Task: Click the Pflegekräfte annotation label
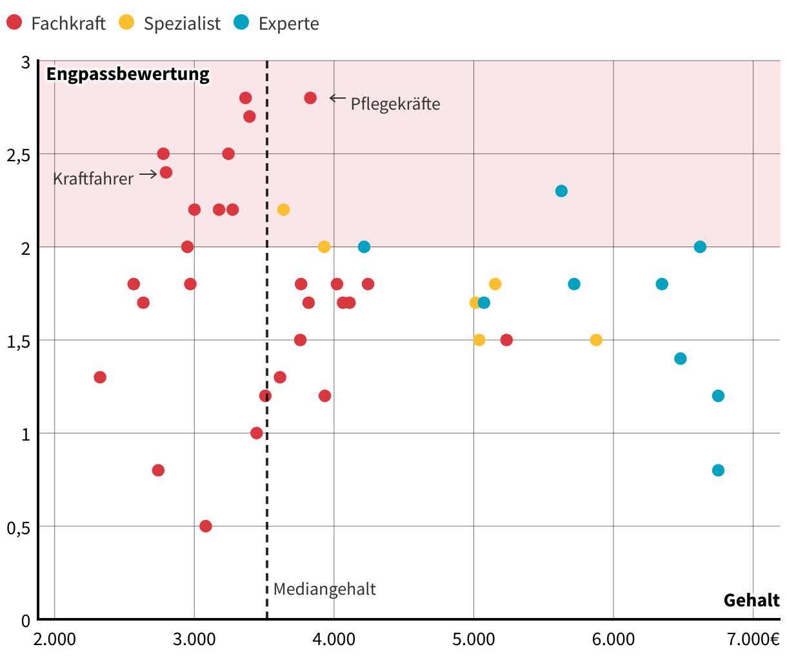(x=395, y=104)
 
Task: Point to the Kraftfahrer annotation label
(x=93, y=179)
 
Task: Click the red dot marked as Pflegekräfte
(x=310, y=98)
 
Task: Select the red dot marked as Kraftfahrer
(x=166, y=172)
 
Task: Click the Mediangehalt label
(x=324, y=589)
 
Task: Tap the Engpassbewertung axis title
(x=128, y=74)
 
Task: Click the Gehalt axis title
(x=752, y=601)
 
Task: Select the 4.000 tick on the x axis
(x=334, y=639)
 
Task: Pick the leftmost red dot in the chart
(x=100, y=377)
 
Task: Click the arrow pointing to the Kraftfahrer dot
(x=148, y=174)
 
